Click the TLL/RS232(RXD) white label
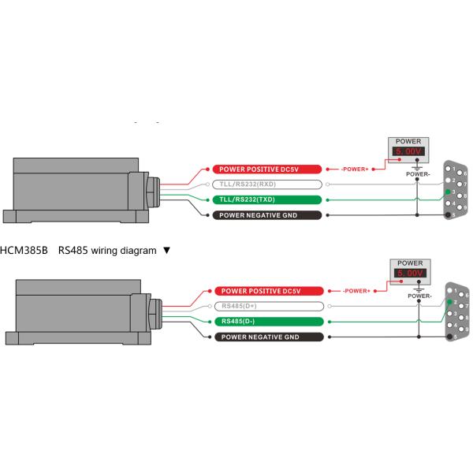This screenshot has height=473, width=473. pyautogui.click(x=267, y=184)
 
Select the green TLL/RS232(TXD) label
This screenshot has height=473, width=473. pyautogui.click(x=267, y=199)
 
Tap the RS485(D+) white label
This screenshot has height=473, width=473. pyautogui.click(x=267, y=306)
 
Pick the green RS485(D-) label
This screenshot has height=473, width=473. pyautogui.click(x=267, y=321)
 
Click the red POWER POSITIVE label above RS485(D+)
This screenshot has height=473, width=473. pyautogui.click(x=267, y=291)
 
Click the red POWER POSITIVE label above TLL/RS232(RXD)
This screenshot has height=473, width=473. pyautogui.click(x=267, y=169)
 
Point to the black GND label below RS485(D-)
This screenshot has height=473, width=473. pyautogui.click(x=267, y=337)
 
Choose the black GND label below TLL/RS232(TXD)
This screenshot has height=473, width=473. pyautogui.click(x=267, y=215)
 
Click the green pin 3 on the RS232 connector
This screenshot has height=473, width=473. pyautogui.click(x=448, y=193)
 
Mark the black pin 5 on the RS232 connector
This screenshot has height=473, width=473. pyautogui.click(x=448, y=214)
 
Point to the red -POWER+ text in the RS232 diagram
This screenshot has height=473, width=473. pyautogui.click(x=356, y=169)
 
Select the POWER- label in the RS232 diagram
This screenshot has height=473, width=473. pyautogui.click(x=416, y=173)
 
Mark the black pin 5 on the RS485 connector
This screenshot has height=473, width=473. pyautogui.click(x=448, y=337)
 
